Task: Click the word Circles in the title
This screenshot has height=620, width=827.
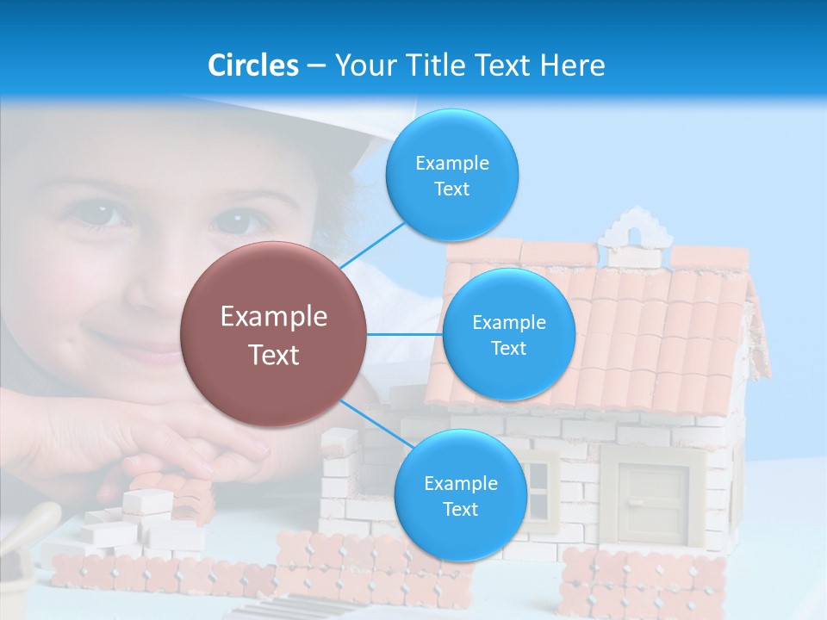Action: point(252,65)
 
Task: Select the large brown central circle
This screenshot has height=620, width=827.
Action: point(273,334)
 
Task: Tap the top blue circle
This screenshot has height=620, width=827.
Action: point(451,176)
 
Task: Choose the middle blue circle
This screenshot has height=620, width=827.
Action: point(508,334)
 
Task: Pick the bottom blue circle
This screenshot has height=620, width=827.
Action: point(460,495)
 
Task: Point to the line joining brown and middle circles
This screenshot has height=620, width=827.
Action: point(405,334)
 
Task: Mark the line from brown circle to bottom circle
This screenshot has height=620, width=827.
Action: point(373,425)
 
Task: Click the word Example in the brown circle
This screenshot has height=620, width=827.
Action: point(273,317)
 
